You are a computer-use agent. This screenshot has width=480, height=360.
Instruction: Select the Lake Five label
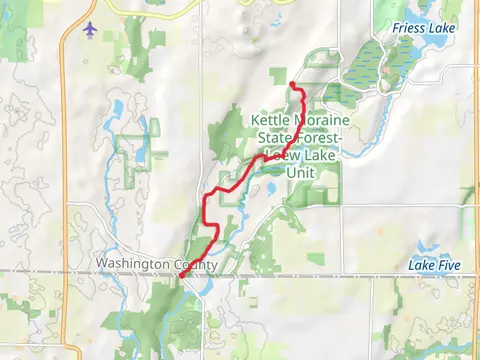(x=435, y=265)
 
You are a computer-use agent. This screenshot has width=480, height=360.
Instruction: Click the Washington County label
(x=143, y=265)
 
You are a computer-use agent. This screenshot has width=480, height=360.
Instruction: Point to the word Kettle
(x=269, y=119)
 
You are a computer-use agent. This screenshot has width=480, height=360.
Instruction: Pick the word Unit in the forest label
(x=300, y=171)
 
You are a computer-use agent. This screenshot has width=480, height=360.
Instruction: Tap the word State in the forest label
(x=269, y=137)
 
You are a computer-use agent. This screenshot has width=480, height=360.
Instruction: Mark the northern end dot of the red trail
(x=291, y=84)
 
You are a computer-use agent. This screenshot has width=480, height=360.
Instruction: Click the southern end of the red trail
(x=181, y=276)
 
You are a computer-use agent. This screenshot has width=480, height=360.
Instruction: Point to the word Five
(x=449, y=265)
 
